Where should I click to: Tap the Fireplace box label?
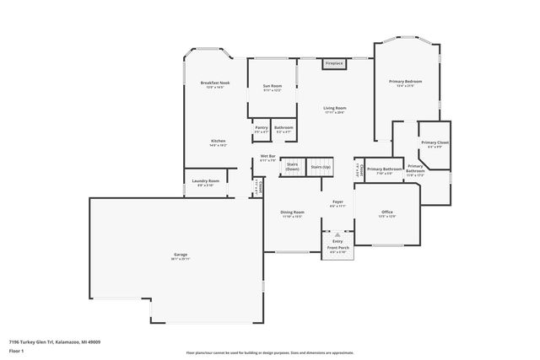(x=334, y=63)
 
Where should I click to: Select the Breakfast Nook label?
(x=215, y=84)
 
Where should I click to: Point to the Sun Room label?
(x=272, y=87)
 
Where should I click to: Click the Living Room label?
(x=335, y=110)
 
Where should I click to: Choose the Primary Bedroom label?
(x=405, y=83)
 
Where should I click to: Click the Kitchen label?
(x=218, y=142)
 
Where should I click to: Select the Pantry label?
(x=262, y=129)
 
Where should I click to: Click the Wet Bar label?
(x=268, y=158)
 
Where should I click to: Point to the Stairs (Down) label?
(x=292, y=167)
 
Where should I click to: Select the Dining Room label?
(x=293, y=213)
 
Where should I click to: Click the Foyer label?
(x=337, y=203)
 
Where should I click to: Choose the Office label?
(x=387, y=213)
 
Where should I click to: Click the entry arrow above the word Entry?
(x=337, y=234)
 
